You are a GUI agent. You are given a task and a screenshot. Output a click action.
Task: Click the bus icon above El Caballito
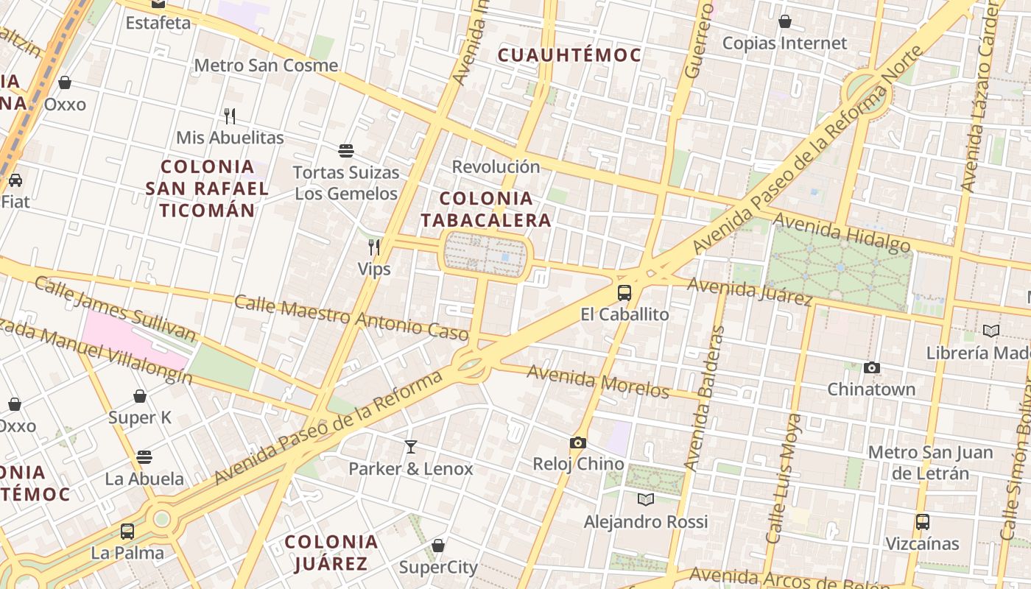click(624, 292)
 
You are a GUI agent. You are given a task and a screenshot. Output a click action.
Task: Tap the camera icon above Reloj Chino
click(578, 442)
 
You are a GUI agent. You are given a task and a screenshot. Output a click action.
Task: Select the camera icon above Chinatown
click(872, 367)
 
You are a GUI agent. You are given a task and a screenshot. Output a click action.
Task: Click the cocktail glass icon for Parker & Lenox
click(411, 446)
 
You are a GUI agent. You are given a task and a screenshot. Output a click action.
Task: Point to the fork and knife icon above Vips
click(374, 247)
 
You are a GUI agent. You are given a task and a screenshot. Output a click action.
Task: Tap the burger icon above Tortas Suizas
click(346, 151)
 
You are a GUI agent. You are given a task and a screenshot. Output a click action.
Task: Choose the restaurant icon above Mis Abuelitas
click(230, 116)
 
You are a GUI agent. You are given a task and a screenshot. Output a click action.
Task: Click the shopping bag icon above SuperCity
click(438, 546)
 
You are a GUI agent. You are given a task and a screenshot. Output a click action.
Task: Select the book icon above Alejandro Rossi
click(646, 500)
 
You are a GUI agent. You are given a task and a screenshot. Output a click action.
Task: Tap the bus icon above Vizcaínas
click(923, 522)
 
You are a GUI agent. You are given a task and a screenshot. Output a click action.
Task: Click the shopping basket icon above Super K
click(140, 396)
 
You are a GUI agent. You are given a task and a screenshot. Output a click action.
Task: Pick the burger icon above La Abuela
click(144, 457)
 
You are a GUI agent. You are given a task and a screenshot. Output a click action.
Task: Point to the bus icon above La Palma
click(127, 531)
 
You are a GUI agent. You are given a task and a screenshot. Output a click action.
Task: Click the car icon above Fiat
click(15, 180)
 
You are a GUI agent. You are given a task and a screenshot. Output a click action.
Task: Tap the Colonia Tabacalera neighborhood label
click(485, 209)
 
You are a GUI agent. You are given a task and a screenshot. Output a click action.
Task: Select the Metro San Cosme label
click(266, 65)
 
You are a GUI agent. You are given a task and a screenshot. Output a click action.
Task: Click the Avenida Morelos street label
click(598, 381)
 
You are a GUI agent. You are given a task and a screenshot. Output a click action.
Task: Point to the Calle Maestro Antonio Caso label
click(351, 317)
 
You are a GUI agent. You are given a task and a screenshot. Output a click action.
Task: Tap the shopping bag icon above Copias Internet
click(785, 21)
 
